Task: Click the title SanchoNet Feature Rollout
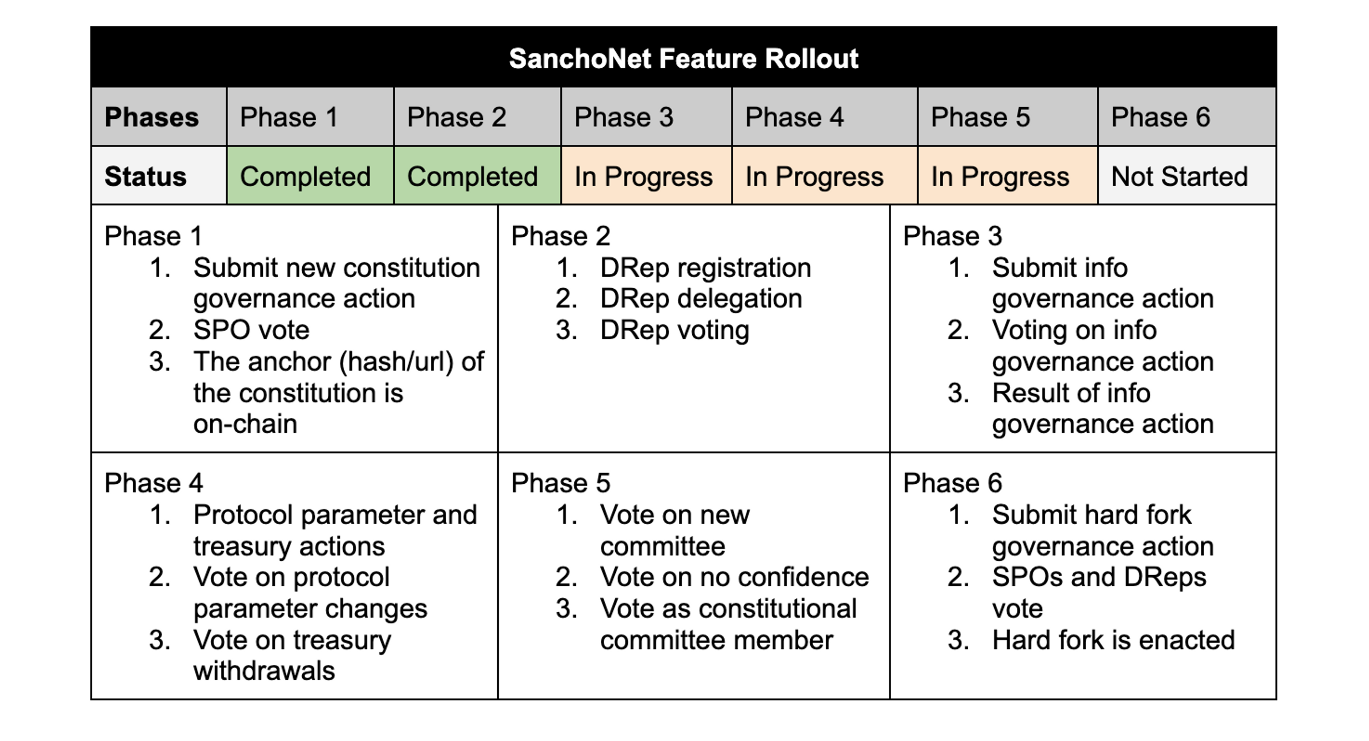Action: click(683, 58)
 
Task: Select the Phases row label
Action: click(152, 117)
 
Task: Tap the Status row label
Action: click(145, 176)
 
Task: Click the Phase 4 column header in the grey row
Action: click(795, 117)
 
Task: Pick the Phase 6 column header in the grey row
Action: click(1161, 117)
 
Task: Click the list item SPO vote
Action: click(251, 330)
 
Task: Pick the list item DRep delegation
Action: click(701, 299)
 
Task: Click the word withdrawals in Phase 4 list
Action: click(264, 671)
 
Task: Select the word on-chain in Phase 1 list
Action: click(245, 424)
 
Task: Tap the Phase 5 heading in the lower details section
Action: click(561, 483)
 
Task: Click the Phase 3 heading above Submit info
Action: click(952, 236)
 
